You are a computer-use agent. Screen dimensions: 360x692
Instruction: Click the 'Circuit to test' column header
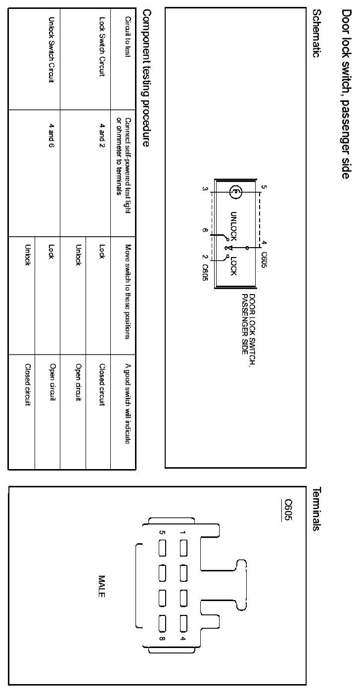coord(128,38)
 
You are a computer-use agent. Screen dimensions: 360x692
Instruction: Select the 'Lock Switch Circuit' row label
coord(103,48)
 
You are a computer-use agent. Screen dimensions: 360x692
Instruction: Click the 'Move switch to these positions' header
coord(128,292)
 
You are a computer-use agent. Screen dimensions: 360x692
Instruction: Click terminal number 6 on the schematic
coord(204,230)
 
